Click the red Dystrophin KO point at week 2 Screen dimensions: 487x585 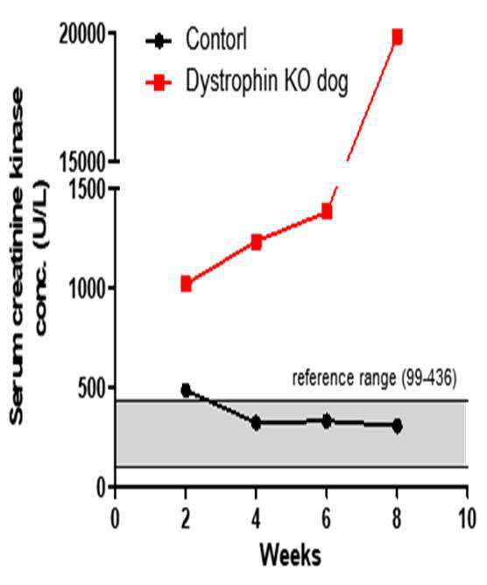tap(186, 284)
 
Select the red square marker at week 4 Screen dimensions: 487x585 tap(256, 243)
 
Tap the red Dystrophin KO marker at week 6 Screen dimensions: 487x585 tap(327, 212)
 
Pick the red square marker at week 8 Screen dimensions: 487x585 tap(397, 38)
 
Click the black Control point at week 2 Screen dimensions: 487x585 tap(186, 391)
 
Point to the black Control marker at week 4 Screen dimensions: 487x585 tap(256, 423)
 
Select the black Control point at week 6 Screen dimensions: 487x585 tap(327, 421)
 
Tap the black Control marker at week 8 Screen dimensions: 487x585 tap(397, 426)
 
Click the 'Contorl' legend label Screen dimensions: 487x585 tap(216, 39)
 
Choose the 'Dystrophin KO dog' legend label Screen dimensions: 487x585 tap(267, 81)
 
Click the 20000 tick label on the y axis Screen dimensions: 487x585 tap(81, 35)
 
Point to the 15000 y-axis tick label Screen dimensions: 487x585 tap(81, 163)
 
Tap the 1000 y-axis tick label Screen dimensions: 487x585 tap(86, 287)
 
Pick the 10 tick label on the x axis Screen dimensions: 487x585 tap(467, 518)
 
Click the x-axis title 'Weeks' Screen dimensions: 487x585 tap(290, 555)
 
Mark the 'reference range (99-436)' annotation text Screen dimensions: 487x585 tap(374, 378)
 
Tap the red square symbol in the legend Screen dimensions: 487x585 tap(159, 81)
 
